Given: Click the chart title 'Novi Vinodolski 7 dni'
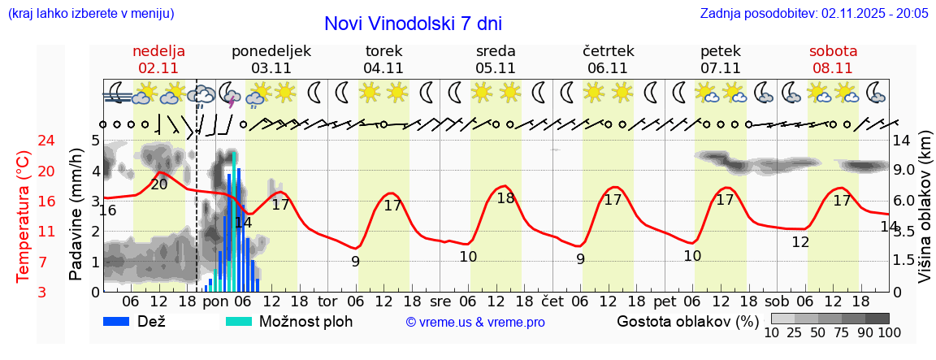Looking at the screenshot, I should pyautogui.click(x=413, y=24).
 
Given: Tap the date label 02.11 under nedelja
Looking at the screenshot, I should pyautogui.click(x=159, y=68).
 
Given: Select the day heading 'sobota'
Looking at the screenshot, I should pyautogui.click(x=833, y=50).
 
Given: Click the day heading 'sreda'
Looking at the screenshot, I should pyautogui.click(x=496, y=50).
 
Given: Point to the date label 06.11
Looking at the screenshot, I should pyautogui.click(x=608, y=68).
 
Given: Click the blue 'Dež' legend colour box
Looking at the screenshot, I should pyautogui.click(x=117, y=321).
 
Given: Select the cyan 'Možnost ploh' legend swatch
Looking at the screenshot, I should pyautogui.click(x=238, y=321).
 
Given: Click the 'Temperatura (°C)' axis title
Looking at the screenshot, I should pyautogui.click(x=24, y=216).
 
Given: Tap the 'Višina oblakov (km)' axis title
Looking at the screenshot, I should pyautogui.click(x=925, y=216).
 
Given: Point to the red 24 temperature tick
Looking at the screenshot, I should pyautogui.click(x=24, y=141).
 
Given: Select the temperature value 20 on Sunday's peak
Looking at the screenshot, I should pyautogui.click(x=159, y=184).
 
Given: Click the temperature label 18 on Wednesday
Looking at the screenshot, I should pyautogui.click(x=505, y=198).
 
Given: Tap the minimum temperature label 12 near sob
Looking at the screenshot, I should pyautogui.click(x=800, y=242).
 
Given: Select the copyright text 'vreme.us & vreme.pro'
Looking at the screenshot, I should pyautogui.click(x=475, y=323).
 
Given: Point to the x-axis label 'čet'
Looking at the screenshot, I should pyautogui.click(x=552, y=300).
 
